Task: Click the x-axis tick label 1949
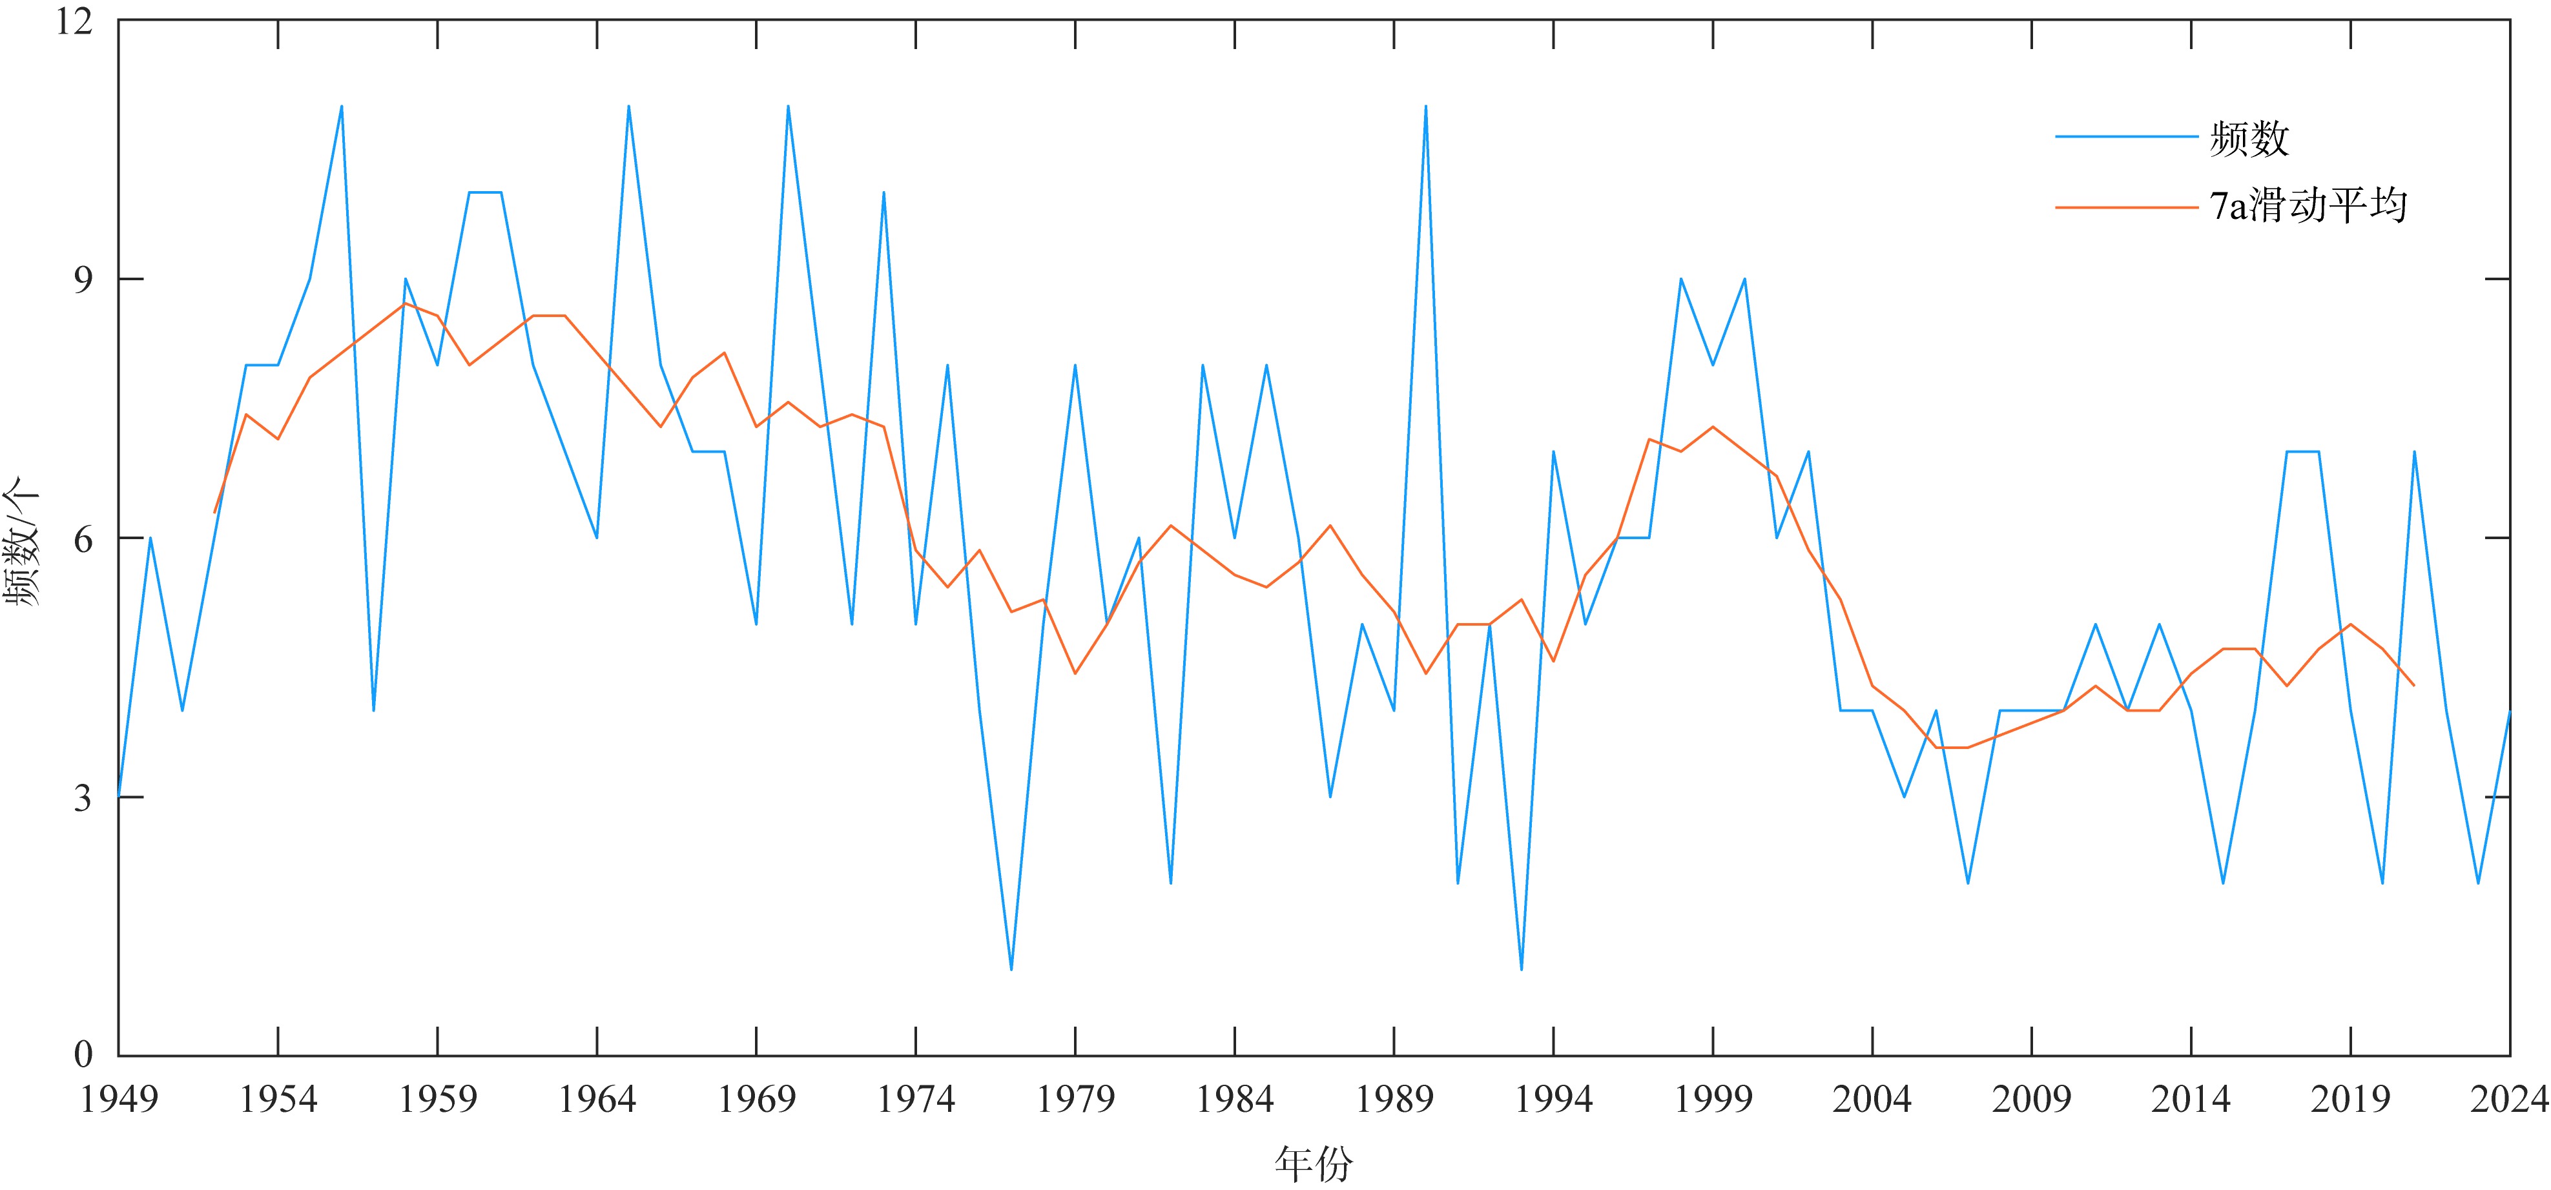119,1099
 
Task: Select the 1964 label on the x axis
597,1099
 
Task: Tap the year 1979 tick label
1075,1099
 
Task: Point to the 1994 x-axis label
1553,1099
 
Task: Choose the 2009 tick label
2031,1099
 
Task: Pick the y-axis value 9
83,280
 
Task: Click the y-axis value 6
83,540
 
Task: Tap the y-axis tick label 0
83,1055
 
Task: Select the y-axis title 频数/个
22,540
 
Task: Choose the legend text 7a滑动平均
2308,206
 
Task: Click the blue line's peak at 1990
1425,106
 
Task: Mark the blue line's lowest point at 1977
1011,969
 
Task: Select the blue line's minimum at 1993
1521,969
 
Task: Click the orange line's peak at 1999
1712,427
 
